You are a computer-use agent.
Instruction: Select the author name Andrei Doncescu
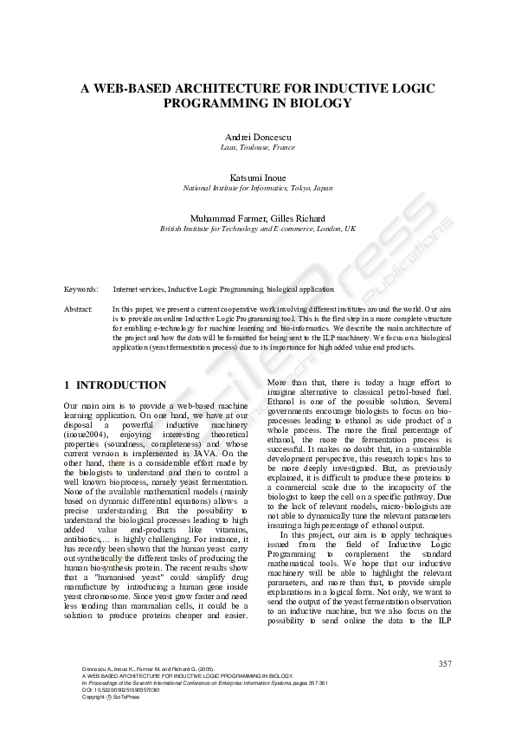coord(257,138)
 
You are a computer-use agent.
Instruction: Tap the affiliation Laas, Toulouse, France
coord(257,148)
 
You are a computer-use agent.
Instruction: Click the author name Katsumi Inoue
coord(257,177)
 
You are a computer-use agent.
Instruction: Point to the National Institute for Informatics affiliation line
coord(257,187)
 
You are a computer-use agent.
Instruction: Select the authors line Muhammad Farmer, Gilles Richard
coord(257,217)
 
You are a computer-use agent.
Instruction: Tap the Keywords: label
coord(80,288)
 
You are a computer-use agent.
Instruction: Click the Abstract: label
coord(79,308)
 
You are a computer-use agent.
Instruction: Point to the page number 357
coord(445,663)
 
